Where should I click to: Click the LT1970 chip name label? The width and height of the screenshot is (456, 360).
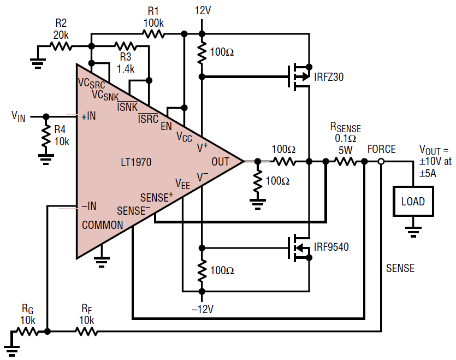(136, 162)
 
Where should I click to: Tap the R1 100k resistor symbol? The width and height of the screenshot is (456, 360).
(153, 34)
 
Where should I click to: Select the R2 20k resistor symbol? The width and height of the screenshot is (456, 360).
(62, 46)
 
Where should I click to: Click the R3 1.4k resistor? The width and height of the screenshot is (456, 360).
(125, 46)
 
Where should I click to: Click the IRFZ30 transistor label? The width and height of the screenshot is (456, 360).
(329, 77)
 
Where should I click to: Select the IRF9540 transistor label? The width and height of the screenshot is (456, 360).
(331, 247)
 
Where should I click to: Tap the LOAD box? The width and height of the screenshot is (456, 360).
(413, 201)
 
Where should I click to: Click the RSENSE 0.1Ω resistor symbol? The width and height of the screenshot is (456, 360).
(345, 162)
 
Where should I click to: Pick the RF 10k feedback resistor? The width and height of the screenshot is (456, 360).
(86, 332)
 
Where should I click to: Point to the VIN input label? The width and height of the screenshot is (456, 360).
(19, 116)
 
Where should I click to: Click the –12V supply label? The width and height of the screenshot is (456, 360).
(202, 309)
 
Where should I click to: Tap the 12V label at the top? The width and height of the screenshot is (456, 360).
(202, 10)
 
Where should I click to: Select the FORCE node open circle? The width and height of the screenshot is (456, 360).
(381, 162)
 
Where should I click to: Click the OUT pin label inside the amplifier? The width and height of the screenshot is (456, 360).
(221, 161)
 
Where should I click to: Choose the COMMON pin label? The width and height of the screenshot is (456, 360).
(102, 225)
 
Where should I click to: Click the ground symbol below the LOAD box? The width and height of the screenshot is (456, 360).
(413, 231)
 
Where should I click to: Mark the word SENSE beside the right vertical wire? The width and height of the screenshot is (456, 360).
(400, 268)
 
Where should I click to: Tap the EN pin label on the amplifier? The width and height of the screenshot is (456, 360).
(166, 127)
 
